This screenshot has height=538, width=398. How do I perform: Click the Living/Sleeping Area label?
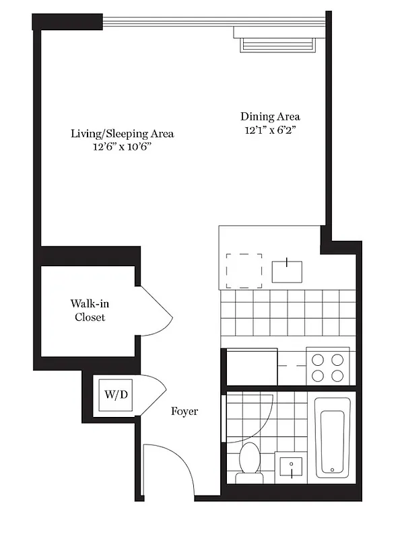pos(123,133)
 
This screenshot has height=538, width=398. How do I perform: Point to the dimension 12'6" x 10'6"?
pos(123,147)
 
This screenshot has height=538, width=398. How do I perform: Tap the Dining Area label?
pos(270,116)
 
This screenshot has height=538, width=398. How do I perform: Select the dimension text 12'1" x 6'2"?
pos(270,130)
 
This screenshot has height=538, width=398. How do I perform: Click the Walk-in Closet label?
pos(90,310)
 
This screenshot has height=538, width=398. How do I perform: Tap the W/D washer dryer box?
pos(116,393)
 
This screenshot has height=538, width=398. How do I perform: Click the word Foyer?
pos(184,411)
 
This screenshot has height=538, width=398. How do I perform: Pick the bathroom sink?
pos(292,467)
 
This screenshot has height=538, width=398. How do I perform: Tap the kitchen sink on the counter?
pos(288,270)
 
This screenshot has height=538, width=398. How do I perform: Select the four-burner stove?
pos(328,367)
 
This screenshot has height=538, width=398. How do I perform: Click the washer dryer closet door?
pos(153,391)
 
